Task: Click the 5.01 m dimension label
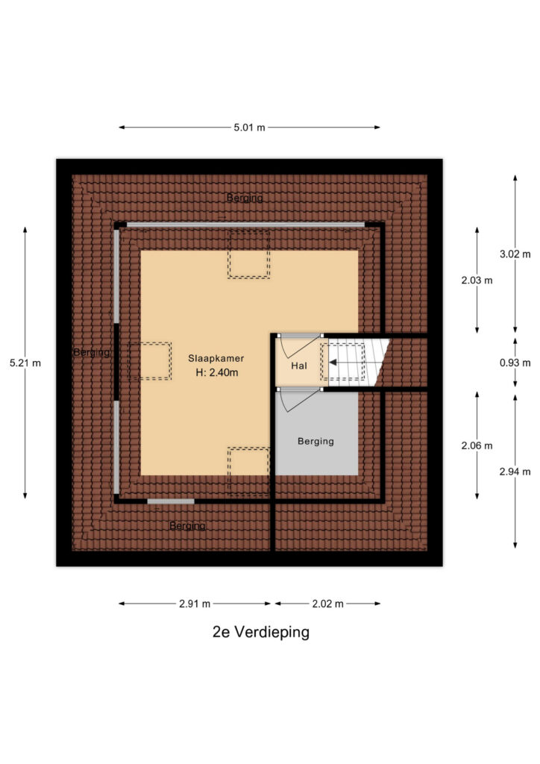click(x=249, y=128)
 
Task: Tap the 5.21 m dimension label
click(x=25, y=363)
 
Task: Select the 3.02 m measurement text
click(x=515, y=254)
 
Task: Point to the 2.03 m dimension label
click(x=477, y=281)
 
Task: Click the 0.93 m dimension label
click(x=515, y=363)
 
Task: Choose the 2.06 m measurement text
click(x=477, y=445)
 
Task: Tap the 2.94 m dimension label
click(x=515, y=472)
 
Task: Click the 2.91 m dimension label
click(x=195, y=604)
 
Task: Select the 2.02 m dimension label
click(x=327, y=604)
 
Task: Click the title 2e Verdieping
click(x=261, y=632)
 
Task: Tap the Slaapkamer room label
click(x=216, y=358)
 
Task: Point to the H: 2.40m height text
click(x=217, y=373)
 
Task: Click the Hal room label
click(x=299, y=366)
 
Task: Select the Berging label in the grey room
click(x=316, y=442)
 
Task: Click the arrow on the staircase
click(x=346, y=363)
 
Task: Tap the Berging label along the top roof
click(x=245, y=198)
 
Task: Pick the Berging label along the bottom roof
click(x=187, y=526)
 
